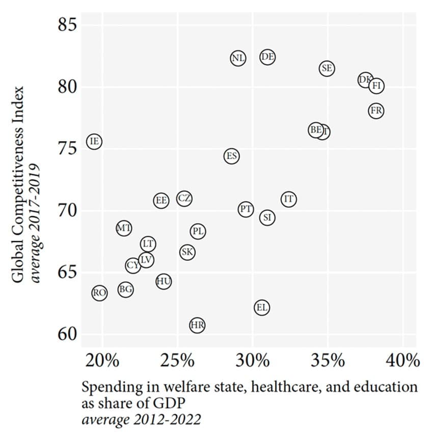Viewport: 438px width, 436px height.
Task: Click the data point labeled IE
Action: click(x=94, y=141)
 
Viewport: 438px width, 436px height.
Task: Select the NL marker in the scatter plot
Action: click(x=238, y=58)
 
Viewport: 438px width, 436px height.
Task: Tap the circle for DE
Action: click(x=267, y=57)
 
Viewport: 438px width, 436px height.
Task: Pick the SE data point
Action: click(x=327, y=68)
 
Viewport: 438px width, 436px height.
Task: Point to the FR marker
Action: click(x=376, y=111)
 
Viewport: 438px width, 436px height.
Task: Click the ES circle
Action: click(x=231, y=155)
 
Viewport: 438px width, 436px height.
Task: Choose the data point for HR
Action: click(x=197, y=324)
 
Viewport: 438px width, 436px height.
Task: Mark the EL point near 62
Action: click(x=261, y=307)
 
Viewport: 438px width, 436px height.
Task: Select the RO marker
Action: click(x=99, y=293)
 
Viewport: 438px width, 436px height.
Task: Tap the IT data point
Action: click(x=288, y=199)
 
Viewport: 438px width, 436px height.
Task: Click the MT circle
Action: click(x=124, y=228)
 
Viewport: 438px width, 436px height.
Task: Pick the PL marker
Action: click(x=198, y=231)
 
